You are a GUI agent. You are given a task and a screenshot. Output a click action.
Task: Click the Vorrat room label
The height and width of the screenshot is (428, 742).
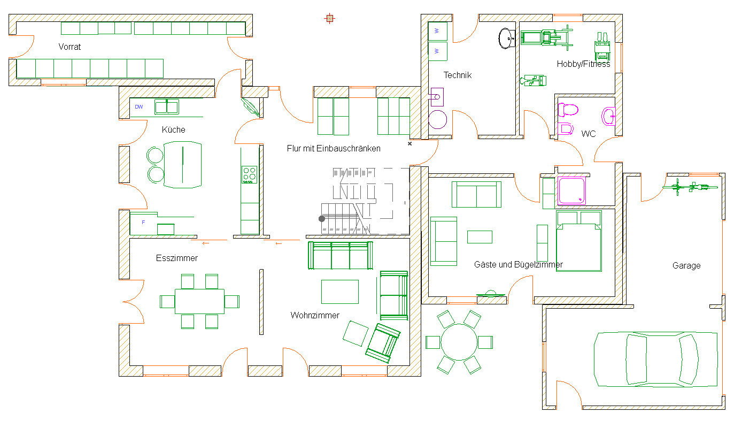tap(69, 47)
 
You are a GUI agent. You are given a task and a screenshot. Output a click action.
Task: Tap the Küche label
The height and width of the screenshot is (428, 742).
tap(173, 129)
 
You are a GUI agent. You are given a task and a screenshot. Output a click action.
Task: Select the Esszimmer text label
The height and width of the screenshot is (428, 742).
tap(176, 258)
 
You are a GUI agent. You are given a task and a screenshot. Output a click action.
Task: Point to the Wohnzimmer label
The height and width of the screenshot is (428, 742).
tap(315, 315)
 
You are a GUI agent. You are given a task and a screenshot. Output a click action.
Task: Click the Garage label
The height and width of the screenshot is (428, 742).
tap(686, 265)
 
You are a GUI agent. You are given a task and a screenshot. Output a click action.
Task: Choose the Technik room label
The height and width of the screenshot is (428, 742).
tap(457, 75)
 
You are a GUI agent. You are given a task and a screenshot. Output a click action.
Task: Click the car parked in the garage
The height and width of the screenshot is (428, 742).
tap(655, 360)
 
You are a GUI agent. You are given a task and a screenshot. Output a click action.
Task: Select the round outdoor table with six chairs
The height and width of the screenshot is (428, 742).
tap(459, 342)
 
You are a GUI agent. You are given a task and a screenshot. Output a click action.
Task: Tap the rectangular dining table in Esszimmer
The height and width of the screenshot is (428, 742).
tap(199, 301)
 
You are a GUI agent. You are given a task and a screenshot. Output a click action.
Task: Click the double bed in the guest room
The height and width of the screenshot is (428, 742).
tap(579, 241)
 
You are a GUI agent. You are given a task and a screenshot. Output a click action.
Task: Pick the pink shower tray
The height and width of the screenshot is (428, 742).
tap(571, 190)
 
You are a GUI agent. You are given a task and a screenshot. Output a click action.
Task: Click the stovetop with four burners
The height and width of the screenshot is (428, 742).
tap(250, 175)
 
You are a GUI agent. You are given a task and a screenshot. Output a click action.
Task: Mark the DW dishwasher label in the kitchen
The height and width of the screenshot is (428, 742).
tap(139, 107)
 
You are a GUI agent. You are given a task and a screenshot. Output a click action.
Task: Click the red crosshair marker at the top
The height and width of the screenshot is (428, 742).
tap(330, 19)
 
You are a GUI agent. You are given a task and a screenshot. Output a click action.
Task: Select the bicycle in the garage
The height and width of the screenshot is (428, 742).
tap(690, 187)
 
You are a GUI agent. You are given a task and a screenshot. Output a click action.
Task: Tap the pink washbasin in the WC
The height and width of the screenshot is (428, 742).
tap(608, 117)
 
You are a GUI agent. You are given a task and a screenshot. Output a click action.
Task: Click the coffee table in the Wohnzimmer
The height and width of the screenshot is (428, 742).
tap(340, 292)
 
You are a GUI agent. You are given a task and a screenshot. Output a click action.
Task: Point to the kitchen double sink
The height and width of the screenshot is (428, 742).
tap(167, 107)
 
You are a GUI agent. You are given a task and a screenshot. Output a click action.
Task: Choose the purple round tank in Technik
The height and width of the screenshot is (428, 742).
tap(437, 119)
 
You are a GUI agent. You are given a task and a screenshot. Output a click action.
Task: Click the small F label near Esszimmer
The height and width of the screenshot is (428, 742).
tap(143, 222)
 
